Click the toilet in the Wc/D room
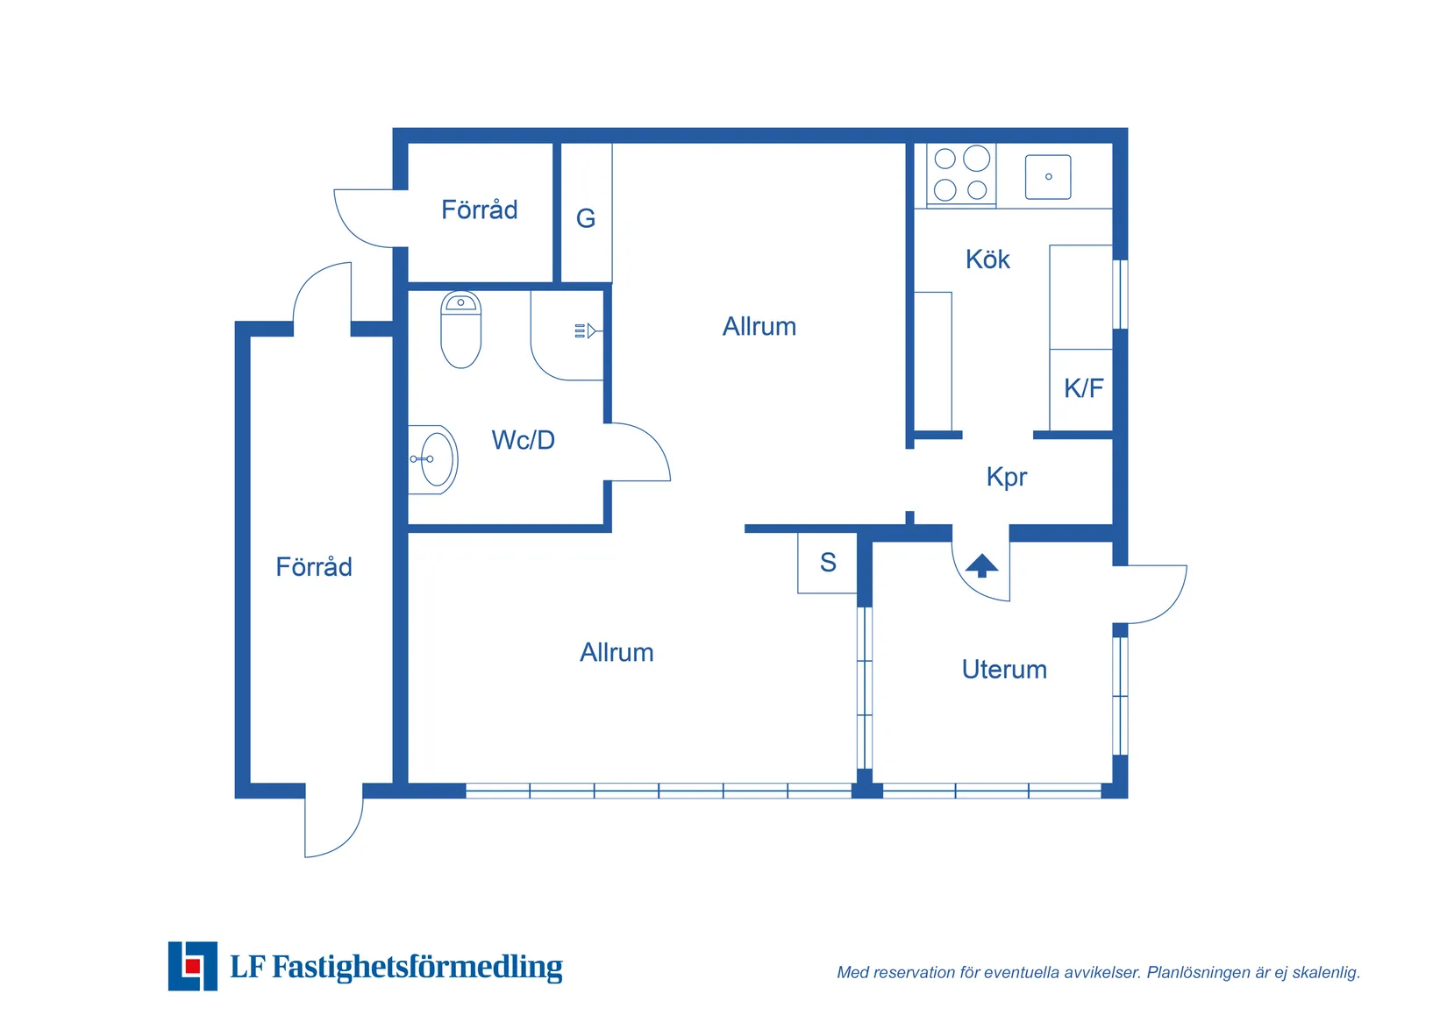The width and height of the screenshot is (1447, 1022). tap(460, 330)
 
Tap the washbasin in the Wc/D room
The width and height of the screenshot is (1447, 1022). tap(434, 459)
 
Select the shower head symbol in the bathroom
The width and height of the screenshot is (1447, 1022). tap(586, 331)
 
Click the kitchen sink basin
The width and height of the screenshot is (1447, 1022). tap(1048, 177)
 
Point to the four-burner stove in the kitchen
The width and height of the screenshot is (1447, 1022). tap(961, 174)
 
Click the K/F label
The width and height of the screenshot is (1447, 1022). tap(1084, 388)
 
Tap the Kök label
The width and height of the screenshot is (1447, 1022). tap(987, 259)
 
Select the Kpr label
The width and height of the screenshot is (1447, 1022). tap(1007, 478)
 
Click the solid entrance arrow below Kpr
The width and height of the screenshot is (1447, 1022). tap(982, 565)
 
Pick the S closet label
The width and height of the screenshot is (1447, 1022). tap(828, 563)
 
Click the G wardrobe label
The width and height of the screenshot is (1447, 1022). tap(586, 219)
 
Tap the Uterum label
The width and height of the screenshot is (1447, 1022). tap(1004, 670)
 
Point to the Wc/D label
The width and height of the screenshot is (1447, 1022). tap(524, 440)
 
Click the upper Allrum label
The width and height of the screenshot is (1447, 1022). tap(759, 327)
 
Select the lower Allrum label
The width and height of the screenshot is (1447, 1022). tap(617, 653)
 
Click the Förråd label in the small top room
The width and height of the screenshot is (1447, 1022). tap(480, 209)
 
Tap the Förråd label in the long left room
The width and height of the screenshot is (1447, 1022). tap(314, 566)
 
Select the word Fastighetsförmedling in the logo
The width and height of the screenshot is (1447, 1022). tap(417, 967)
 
